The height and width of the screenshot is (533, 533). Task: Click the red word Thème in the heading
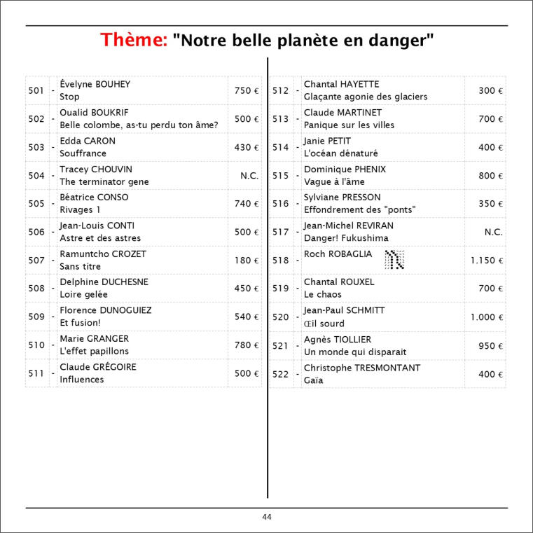(133, 41)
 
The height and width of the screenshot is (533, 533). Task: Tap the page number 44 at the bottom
(267, 517)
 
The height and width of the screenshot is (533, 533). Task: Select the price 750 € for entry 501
(247, 91)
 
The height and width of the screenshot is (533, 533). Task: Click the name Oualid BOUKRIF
(94, 113)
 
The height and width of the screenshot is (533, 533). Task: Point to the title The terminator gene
(104, 182)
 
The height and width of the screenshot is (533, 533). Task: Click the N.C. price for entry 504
(249, 176)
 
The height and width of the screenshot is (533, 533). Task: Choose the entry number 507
(36, 261)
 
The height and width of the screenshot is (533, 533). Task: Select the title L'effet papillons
(95, 352)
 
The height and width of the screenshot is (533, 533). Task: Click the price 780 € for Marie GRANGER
(247, 345)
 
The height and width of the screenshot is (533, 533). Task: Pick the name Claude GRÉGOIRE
(98, 367)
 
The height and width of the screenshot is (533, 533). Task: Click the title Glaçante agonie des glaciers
(366, 97)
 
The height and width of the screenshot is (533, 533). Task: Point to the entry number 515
(280, 176)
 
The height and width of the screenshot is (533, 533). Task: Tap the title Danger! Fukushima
(346, 239)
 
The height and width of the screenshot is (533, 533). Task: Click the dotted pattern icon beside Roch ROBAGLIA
(395, 260)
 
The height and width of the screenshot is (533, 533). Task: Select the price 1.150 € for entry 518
(487, 261)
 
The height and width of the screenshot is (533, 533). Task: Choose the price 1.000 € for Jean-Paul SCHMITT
(487, 317)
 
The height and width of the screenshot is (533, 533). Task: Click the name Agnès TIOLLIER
(338, 340)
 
